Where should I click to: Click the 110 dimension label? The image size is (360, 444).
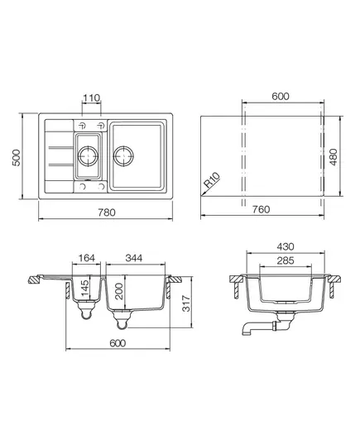(91, 98)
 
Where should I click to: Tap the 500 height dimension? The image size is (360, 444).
(17, 157)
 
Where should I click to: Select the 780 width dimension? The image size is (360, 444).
(107, 212)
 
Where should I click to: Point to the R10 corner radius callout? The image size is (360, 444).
(212, 179)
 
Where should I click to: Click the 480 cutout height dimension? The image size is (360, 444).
(334, 157)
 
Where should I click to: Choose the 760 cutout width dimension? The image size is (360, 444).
(261, 209)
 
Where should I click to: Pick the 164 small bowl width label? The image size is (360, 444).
(87, 258)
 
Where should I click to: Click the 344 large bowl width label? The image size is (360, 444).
(134, 258)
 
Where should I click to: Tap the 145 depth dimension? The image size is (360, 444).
(85, 289)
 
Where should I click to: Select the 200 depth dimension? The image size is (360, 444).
(119, 291)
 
